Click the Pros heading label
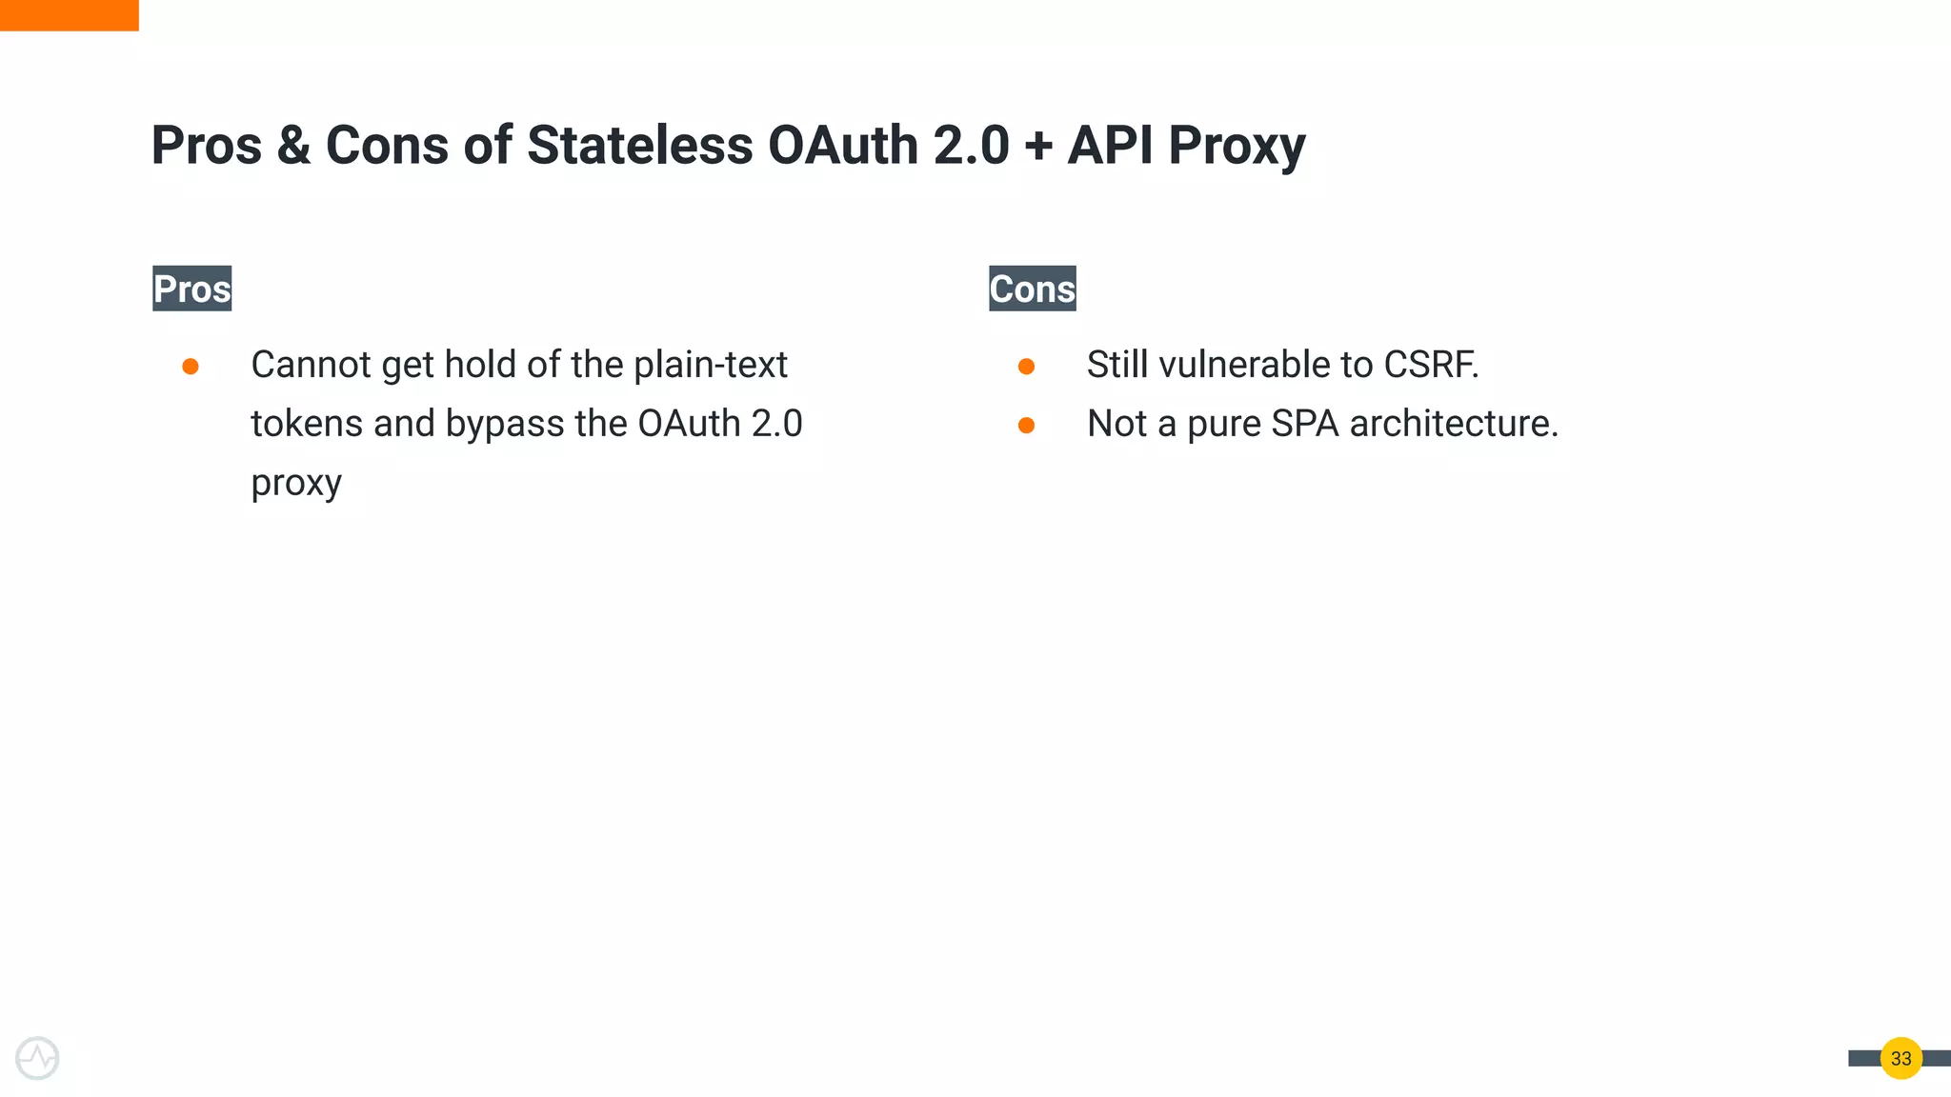191,289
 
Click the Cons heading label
1032,289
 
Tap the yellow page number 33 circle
1901,1058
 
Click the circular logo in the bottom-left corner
37,1058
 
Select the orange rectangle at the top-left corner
69,15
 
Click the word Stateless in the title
639,146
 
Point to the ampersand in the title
293,146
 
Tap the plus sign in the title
1038,148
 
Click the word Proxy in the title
1237,148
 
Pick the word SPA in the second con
1304,424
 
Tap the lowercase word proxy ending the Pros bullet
296,484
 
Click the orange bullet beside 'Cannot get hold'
191,367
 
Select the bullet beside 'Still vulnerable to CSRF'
1026,367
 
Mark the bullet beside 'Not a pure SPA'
1026,426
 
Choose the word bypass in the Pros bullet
505,425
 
